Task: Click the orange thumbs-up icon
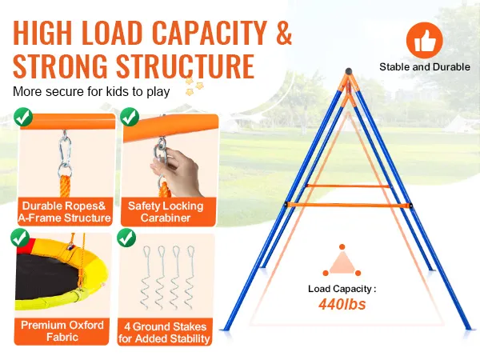[x=424, y=39]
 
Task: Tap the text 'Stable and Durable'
[x=424, y=67]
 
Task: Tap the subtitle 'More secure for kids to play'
[x=90, y=91]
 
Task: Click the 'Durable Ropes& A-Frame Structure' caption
[x=66, y=212]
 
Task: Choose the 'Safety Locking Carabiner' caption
[x=166, y=212]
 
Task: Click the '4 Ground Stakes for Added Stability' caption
[x=166, y=332]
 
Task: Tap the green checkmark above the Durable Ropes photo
[x=25, y=118]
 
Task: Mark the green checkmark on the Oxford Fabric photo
[x=22, y=238]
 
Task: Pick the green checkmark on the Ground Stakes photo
[x=126, y=238]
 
